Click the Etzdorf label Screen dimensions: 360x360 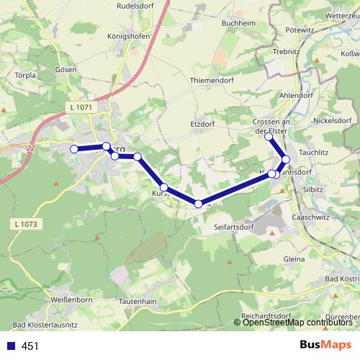(203, 123)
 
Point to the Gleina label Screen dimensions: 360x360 (295, 259)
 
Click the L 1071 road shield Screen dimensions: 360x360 (83, 107)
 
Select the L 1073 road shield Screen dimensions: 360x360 (24, 225)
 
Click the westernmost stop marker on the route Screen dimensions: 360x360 (73, 149)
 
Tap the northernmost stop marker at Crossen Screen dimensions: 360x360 (269, 136)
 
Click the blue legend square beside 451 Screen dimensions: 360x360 (9, 346)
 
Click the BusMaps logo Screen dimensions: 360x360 (325, 346)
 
